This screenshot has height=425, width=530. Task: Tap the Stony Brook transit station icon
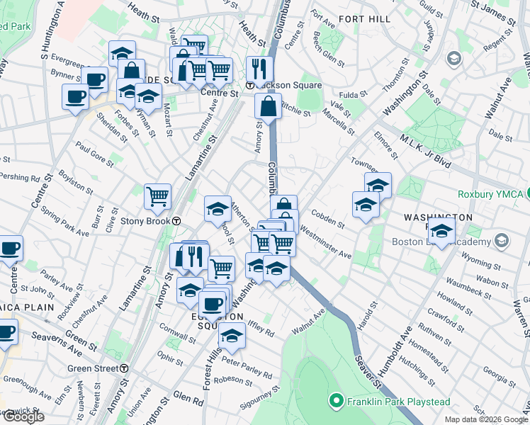[x=176, y=220]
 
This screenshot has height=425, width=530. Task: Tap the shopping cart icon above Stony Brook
[x=157, y=196]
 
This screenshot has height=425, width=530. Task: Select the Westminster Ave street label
[x=325, y=241]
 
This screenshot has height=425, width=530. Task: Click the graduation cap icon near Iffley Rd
[x=231, y=337]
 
